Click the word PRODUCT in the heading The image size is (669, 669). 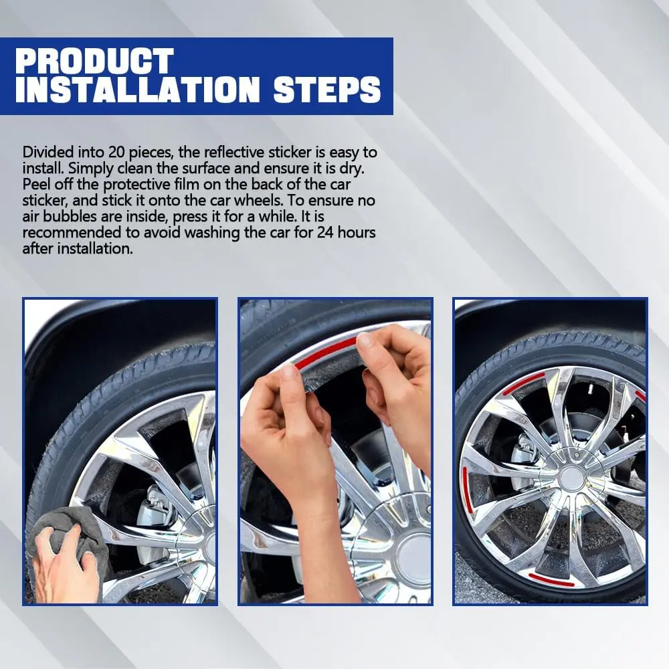coord(94,61)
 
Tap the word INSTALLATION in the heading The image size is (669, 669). coord(137,90)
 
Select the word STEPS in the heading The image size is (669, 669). coord(327,90)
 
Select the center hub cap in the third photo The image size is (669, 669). coord(572,478)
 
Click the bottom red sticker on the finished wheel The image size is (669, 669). coord(551,579)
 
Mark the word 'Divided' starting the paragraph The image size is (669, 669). coord(47,152)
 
